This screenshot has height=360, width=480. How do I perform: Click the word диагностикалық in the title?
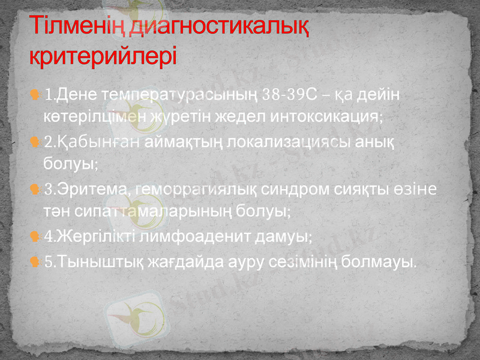pyautogui.click(x=220, y=27)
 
